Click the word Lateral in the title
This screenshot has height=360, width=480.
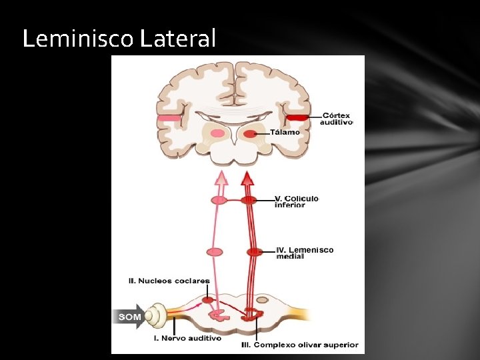click(x=178, y=39)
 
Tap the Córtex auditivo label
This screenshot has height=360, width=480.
click(x=335, y=119)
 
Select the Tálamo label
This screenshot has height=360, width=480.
click(x=285, y=133)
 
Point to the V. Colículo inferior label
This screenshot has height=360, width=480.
click(x=296, y=201)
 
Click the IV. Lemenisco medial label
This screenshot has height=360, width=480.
click(x=305, y=253)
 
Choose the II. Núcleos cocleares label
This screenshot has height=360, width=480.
click(x=169, y=281)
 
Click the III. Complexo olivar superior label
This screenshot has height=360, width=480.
click(x=299, y=345)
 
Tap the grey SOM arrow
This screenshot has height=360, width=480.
click(x=129, y=317)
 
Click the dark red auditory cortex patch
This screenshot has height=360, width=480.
click(x=297, y=118)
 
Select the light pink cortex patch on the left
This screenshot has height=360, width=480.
click(x=169, y=119)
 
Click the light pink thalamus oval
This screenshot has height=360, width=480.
click(x=217, y=133)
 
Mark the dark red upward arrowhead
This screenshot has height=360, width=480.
click(x=247, y=177)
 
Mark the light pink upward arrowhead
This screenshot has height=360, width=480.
click(x=220, y=177)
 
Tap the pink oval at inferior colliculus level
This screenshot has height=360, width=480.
click(x=219, y=200)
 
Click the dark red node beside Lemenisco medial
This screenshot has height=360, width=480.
click(x=254, y=252)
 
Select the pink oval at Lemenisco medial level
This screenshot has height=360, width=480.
click(x=215, y=252)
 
